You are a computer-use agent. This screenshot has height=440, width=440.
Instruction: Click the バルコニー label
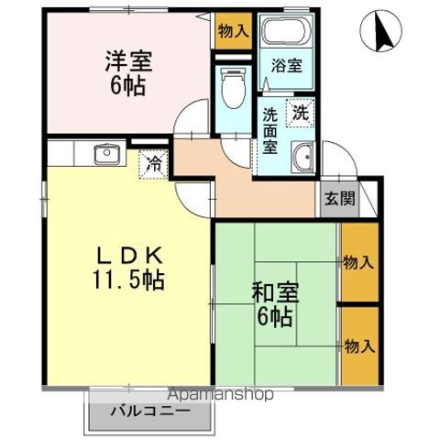point(151,411)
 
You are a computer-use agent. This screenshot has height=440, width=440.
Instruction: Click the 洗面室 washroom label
point(271,129)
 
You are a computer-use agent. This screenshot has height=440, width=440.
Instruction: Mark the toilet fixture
point(233,88)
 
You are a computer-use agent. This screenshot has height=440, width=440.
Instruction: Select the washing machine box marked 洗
point(300,114)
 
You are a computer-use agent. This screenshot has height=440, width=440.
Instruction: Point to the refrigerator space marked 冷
point(154,165)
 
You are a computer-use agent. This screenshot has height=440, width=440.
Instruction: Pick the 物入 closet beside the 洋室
point(233,30)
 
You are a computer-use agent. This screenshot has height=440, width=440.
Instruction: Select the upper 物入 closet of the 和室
point(357,262)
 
